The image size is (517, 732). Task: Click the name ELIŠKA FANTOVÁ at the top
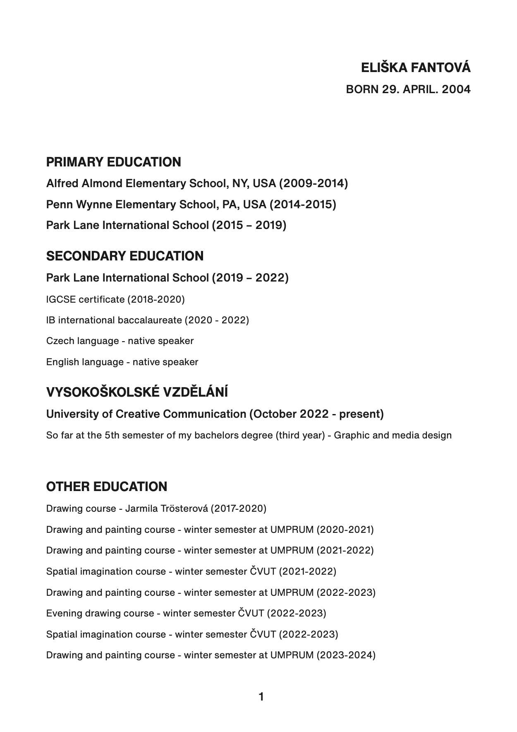[416, 68]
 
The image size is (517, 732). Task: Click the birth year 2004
[456, 89]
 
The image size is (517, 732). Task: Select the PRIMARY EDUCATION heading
[113, 162]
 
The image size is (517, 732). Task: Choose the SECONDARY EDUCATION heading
[124, 256]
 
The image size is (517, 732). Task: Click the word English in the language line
[62, 362]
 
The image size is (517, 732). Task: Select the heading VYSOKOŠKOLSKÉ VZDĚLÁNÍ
[137, 392]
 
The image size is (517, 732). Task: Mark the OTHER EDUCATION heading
[107, 486]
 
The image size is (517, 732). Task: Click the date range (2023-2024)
[346, 655]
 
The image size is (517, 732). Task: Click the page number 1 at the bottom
[261, 697]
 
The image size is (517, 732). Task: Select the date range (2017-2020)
[238, 508]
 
